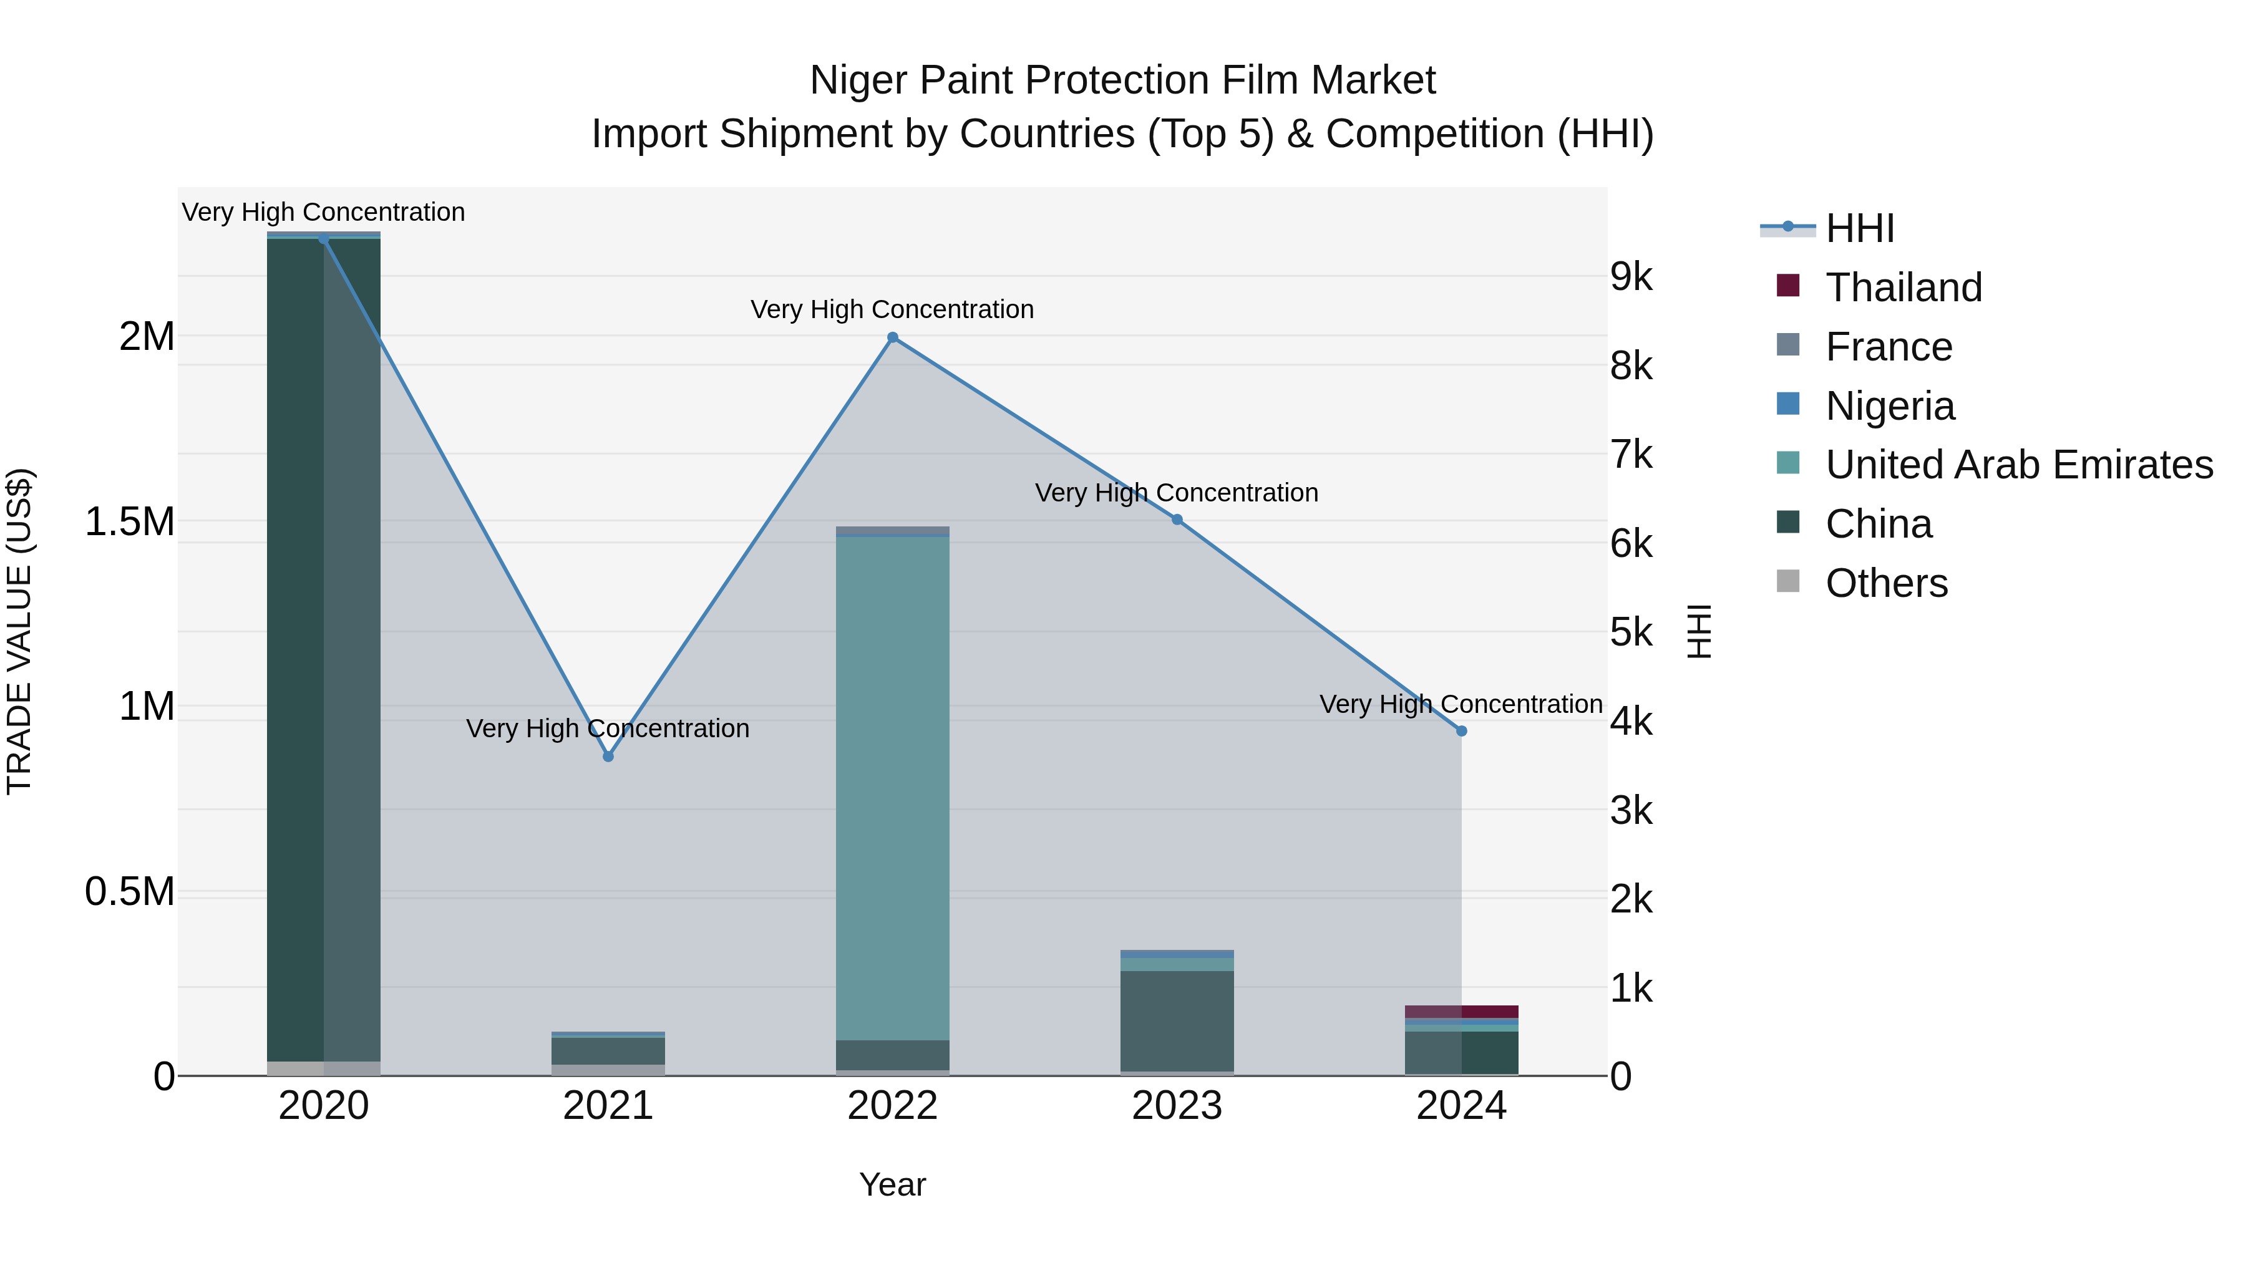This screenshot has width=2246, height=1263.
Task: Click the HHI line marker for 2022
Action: coord(892,337)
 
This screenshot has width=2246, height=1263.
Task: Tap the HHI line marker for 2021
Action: coord(608,757)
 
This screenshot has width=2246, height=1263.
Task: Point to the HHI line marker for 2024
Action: coord(1461,732)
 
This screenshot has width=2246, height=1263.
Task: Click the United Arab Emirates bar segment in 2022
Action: coord(892,785)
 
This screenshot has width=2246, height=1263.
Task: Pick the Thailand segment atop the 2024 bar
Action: coord(1461,1011)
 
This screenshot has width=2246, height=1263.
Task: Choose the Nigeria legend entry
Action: coord(1889,406)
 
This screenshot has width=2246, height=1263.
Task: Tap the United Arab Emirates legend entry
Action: coord(2018,465)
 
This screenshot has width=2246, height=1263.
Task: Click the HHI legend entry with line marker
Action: coord(1859,228)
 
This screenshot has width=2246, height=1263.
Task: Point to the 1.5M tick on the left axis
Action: coord(130,522)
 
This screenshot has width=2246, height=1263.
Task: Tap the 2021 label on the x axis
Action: coord(608,1106)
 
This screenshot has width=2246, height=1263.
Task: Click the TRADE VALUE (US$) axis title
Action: coord(20,631)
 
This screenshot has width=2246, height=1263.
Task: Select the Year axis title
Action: coord(892,1184)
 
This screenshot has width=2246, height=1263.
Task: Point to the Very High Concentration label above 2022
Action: coord(892,309)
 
